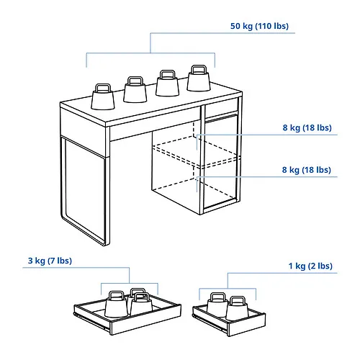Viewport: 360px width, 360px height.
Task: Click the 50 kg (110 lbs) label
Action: pos(259,26)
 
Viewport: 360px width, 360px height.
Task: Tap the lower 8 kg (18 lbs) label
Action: pos(307,170)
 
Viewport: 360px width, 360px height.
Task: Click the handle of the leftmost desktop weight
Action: pos(102,86)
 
